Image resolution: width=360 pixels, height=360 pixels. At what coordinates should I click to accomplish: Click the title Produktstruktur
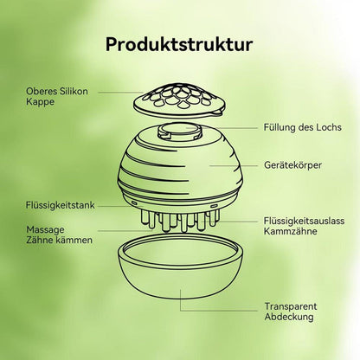pyautogui.click(x=179, y=45)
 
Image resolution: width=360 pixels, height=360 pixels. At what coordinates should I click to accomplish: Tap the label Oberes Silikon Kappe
pyautogui.click(x=57, y=96)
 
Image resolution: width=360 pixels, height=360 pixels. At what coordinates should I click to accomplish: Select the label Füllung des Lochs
pyautogui.click(x=302, y=127)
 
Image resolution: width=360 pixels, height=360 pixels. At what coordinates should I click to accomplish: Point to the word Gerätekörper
pyautogui.click(x=292, y=165)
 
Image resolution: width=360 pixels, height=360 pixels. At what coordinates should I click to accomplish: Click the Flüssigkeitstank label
pyautogui.click(x=61, y=205)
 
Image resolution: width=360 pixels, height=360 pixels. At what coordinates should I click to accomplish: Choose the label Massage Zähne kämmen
pyautogui.click(x=59, y=235)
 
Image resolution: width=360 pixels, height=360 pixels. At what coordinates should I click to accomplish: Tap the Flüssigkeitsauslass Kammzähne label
pyautogui.click(x=304, y=226)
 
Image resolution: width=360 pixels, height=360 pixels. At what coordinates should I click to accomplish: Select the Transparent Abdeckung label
pyautogui.click(x=291, y=312)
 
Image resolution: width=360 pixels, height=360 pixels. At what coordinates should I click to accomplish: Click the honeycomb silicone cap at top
pyautogui.click(x=179, y=100)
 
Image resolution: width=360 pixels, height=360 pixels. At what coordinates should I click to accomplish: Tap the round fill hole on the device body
pyautogui.click(x=179, y=132)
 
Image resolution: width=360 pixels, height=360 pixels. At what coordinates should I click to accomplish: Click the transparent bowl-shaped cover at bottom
pyautogui.click(x=180, y=266)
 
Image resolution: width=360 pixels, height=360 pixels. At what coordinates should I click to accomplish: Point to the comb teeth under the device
pyautogui.click(x=180, y=221)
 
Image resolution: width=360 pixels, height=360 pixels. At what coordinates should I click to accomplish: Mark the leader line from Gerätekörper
pyautogui.click(x=234, y=165)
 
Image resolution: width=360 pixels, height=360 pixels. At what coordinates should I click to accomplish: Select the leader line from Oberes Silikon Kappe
pyautogui.click(x=120, y=93)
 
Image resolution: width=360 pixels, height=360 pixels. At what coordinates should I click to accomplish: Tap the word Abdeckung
pyautogui.click(x=289, y=317)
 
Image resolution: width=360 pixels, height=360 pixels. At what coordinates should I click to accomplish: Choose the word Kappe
pyautogui.click(x=40, y=102)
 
